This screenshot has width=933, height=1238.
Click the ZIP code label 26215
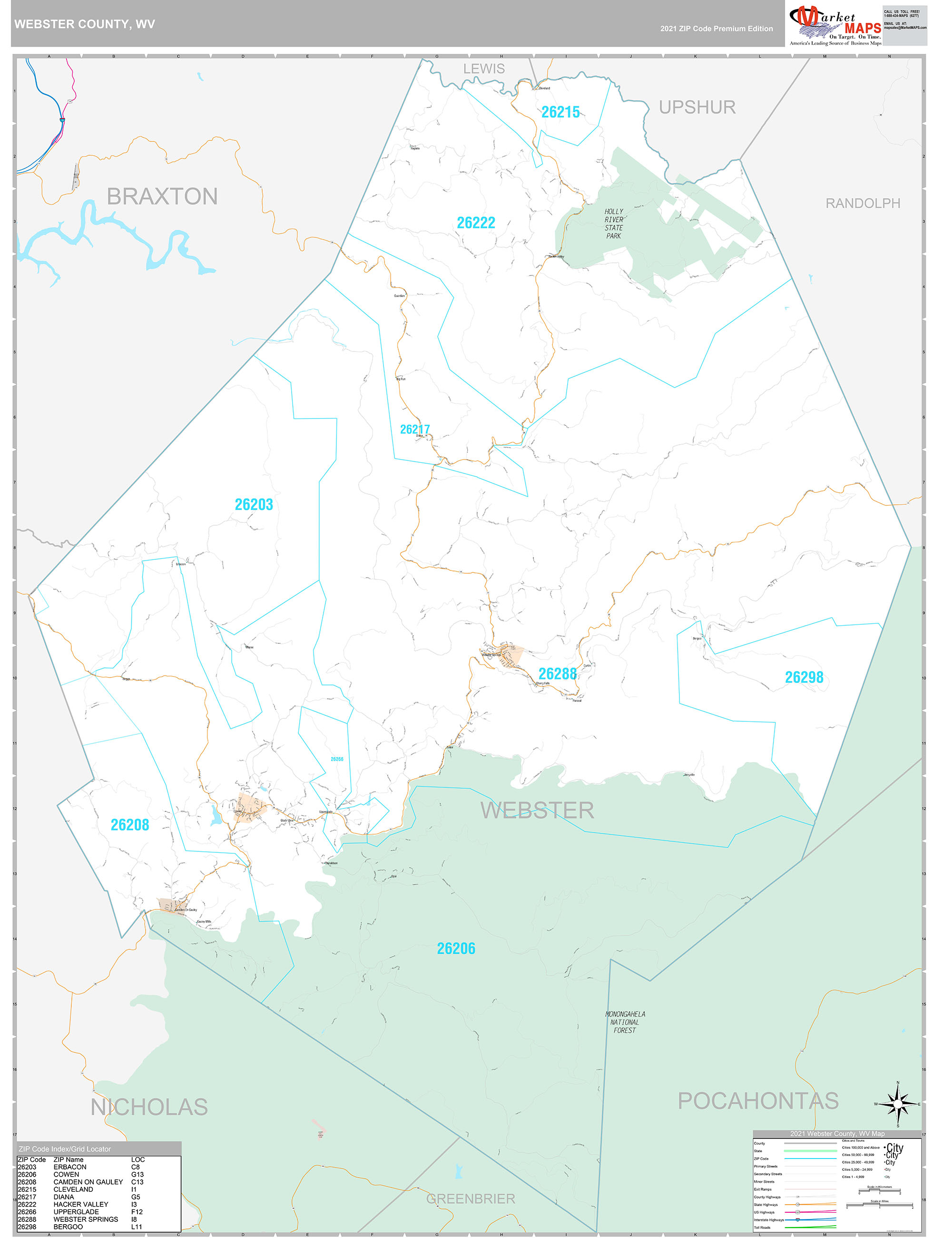coord(560,112)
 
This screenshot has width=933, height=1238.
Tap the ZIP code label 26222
coord(475,223)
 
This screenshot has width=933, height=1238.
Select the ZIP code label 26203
coord(254,505)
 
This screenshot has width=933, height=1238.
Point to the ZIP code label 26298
coord(804,678)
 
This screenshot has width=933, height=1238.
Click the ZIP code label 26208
coord(130,825)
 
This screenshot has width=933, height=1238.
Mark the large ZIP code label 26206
coord(456,948)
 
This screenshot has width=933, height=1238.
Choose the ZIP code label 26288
coord(557,674)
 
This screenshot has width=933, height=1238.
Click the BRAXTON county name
coord(162,197)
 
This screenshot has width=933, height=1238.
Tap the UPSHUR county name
coord(697,108)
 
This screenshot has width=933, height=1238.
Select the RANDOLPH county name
coord(863,204)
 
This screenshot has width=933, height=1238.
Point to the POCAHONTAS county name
coord(758,1101)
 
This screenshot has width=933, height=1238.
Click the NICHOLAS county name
coord(149,1107)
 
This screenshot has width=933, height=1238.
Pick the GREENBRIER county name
coord(471,1199)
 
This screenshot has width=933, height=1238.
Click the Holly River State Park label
coord(613,224)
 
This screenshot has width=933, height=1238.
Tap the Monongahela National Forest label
coord(625,1022)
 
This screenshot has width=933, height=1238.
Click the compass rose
coord(898,1104)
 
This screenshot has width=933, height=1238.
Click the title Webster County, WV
coord(85,25)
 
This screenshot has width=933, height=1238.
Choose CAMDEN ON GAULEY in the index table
coord(88,1181)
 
